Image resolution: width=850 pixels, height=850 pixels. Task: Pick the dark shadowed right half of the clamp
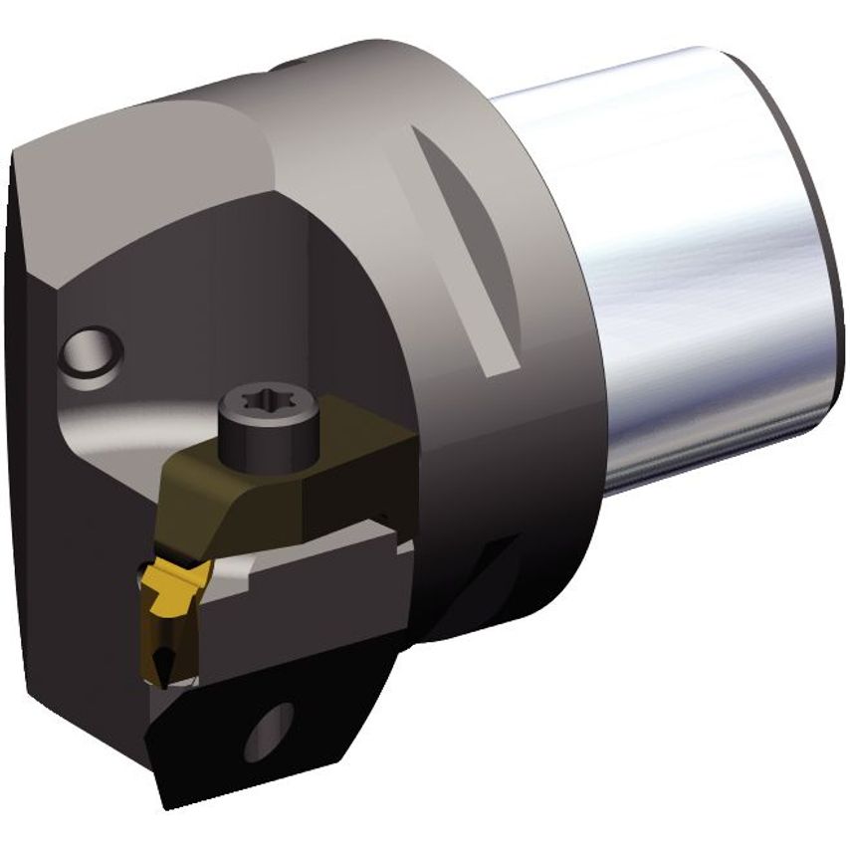click(358, 468)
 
